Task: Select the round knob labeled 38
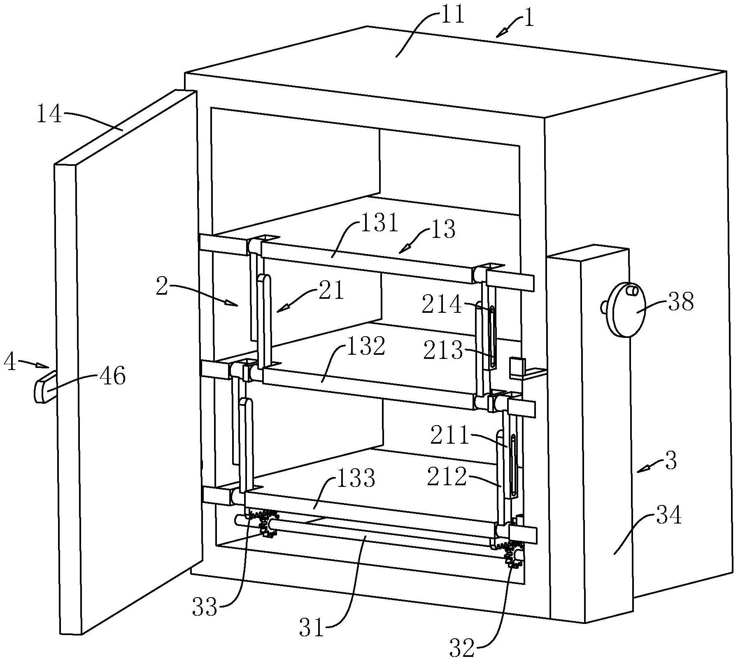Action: [624, 309]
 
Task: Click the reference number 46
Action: [112, 376]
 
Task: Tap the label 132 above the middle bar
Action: [366, 346]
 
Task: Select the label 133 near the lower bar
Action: [355, 479]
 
